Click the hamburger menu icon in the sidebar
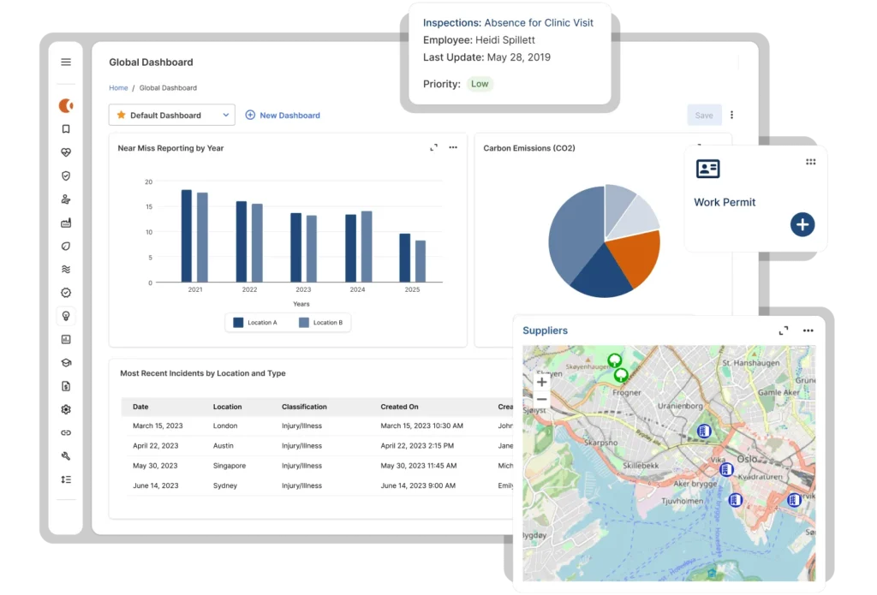click(66, 62)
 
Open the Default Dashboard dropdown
click(171, 115)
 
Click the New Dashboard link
click(283, 115)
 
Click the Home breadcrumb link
click(118, 88)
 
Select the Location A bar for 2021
click(187, 235)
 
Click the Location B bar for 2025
click(421, 260)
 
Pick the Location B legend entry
click(320, 323)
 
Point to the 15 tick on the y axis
click(148, 206)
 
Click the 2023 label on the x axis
click(301, 290)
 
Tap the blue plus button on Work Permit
click(802, 225)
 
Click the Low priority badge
click(480, 84)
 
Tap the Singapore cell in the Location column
click(230, 466)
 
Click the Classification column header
click(304, 407)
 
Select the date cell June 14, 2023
click(156, 485)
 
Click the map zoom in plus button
click(541, 383)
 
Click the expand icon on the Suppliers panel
click(783, 330)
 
